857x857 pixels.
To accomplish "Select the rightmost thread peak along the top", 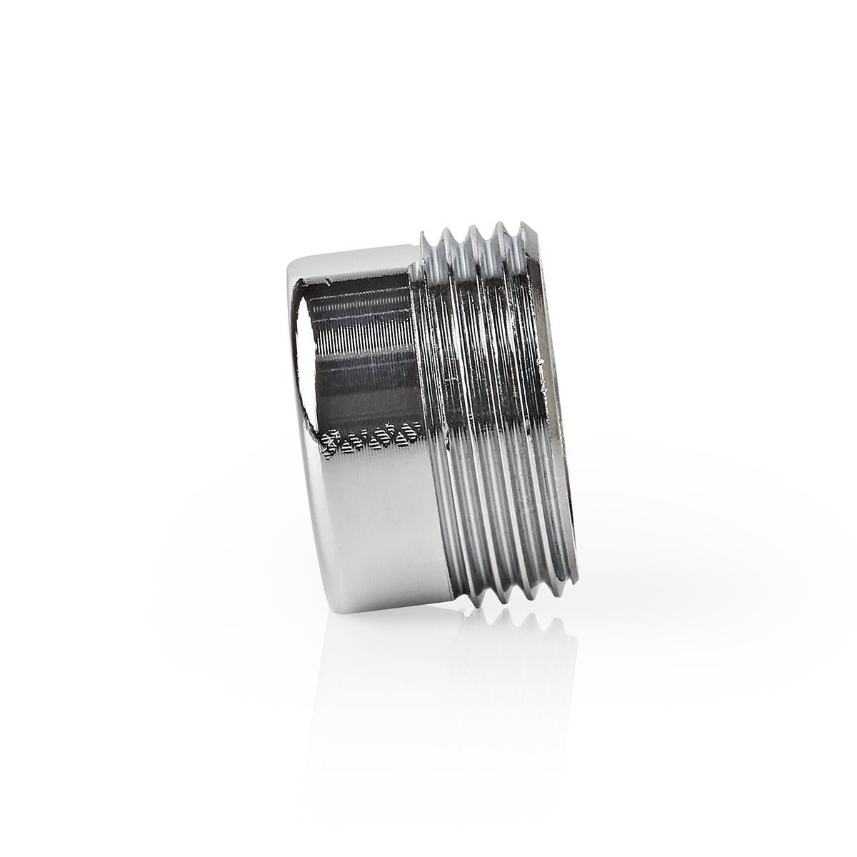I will click(527, 226).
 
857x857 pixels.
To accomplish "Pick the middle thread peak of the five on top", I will click(472, 231).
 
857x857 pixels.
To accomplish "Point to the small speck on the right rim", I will click(543, 364).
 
